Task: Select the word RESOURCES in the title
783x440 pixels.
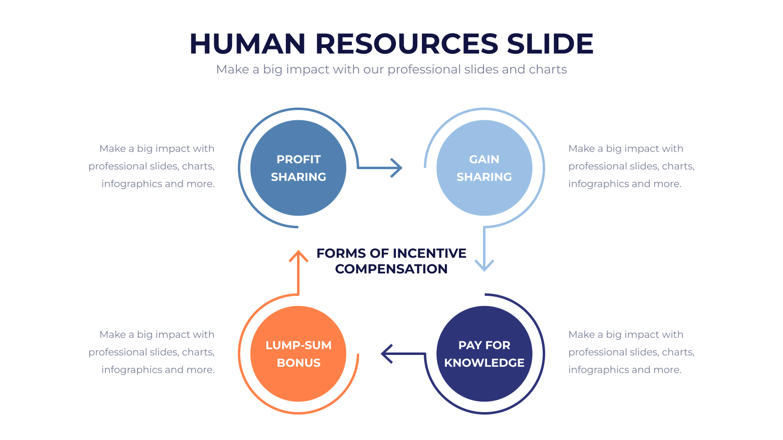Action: coord(407,44)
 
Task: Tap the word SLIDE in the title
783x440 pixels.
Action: coord(550,44)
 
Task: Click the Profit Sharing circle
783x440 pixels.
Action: coord(298,168)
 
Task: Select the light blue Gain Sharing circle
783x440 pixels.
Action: coord(484,168)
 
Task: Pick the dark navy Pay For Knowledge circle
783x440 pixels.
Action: coord(484,354)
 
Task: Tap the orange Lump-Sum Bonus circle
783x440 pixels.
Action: coord(298,354)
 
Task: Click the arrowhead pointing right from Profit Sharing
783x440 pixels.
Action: coord(396,168)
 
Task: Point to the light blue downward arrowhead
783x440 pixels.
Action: coord(484,265)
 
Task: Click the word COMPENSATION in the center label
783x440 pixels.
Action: coord(391,269)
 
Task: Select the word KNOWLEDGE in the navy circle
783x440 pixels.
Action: coord(484,363)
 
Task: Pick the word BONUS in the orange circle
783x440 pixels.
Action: coord(299,363)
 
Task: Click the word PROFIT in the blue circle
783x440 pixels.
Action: coord(299,159)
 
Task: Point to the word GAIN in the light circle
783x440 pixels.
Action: coord(484,159)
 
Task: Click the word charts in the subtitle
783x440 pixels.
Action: coord(548,69)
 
